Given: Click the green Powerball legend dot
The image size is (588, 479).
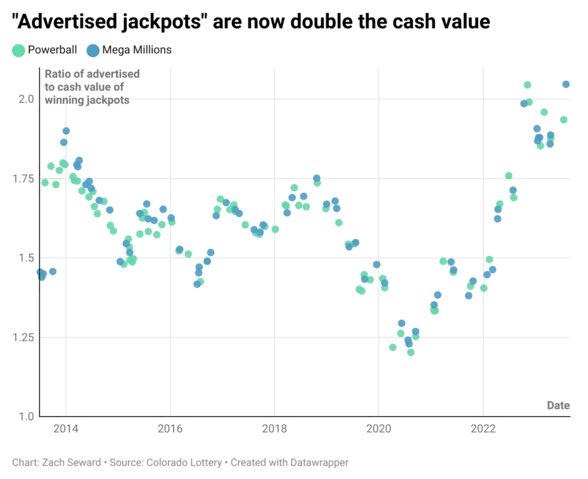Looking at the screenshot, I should [x=18, y=50].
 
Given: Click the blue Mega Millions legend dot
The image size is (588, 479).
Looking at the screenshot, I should [x=93, y=50].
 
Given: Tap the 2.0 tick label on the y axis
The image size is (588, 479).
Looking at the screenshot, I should [x=26, y=99].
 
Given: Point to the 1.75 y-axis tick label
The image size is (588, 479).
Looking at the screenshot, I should [x=23, y=178].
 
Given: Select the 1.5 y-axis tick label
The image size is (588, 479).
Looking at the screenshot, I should [x=26, y=258].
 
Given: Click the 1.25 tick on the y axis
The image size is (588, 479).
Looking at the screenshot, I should [x=23, y=337].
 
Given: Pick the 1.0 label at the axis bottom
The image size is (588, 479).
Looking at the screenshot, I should [x=26, y=416].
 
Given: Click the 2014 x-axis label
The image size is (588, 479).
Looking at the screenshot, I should [x=66, y=429].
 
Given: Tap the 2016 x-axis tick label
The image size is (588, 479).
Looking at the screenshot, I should [x=170, y=429].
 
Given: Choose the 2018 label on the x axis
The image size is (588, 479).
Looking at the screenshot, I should [x=274, y=429].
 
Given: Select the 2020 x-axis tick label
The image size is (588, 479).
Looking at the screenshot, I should [x=379, y=429].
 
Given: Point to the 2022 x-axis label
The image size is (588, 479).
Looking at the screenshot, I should [x=483, y=429].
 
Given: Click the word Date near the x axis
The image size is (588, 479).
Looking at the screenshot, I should [x=558, y=406].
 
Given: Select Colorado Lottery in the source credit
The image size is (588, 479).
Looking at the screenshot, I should [x=184, y=463].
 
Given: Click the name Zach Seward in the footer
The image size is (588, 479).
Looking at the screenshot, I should [x=71, y=463].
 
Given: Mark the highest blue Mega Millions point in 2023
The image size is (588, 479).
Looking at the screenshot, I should [x=566, y=84].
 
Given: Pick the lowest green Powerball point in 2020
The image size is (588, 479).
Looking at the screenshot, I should [x=410, y=352].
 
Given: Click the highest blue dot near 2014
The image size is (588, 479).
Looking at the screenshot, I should [x=66, y=131].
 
